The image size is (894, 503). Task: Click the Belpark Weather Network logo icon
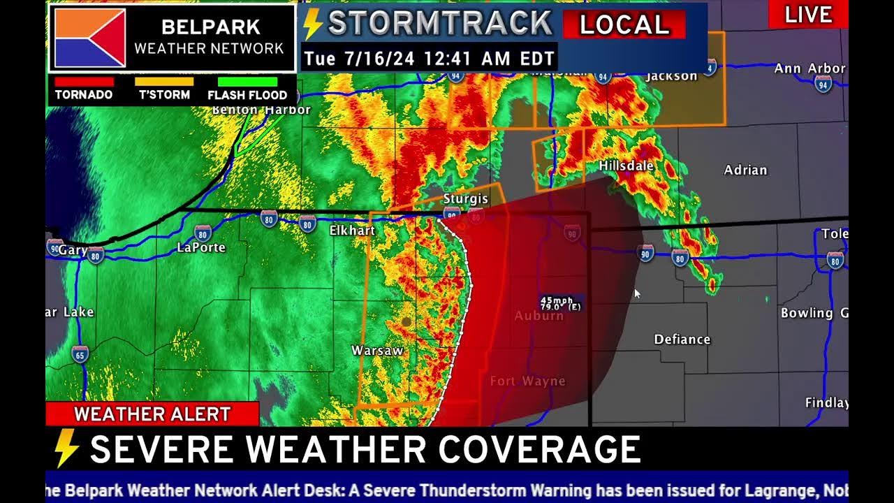tap(90, 38)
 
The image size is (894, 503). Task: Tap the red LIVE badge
tap(808, 15)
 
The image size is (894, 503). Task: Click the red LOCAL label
tap(624, 25)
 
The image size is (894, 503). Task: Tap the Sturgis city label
tap(465, 199)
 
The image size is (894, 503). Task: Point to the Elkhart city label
tap(352, 231)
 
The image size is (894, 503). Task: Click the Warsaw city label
tap(377, 351)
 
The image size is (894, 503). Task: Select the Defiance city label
tap(682, 340)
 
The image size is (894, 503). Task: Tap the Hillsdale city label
tap(626, 166)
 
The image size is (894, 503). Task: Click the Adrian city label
tap(745, 170)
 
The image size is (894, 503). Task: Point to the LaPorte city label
tap(201, 247)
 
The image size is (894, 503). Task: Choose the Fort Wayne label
tap(527, 381)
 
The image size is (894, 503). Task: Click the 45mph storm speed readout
tap(557, 300)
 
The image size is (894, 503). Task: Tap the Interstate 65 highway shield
tap(80, 355)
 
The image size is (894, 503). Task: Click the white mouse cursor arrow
tap(636, 293)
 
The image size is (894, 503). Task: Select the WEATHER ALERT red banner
tap(152, 414)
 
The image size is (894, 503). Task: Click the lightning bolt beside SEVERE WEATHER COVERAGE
tap(66, 449)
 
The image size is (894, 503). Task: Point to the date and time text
tap(429, 59)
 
